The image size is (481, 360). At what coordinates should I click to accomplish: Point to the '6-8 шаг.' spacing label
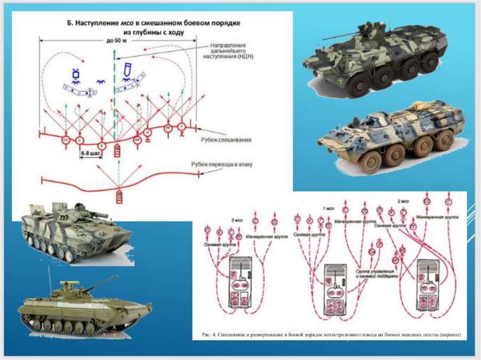pos(88,153)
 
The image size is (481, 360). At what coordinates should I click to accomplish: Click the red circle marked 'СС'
pos(66,139)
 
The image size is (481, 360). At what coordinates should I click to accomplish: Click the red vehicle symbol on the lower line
pos(118,196)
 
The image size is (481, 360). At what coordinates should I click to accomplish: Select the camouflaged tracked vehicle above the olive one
pos(75,231)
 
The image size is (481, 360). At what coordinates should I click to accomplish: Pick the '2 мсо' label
pos(403,201)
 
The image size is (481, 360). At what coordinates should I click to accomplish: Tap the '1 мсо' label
pos(327,207)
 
